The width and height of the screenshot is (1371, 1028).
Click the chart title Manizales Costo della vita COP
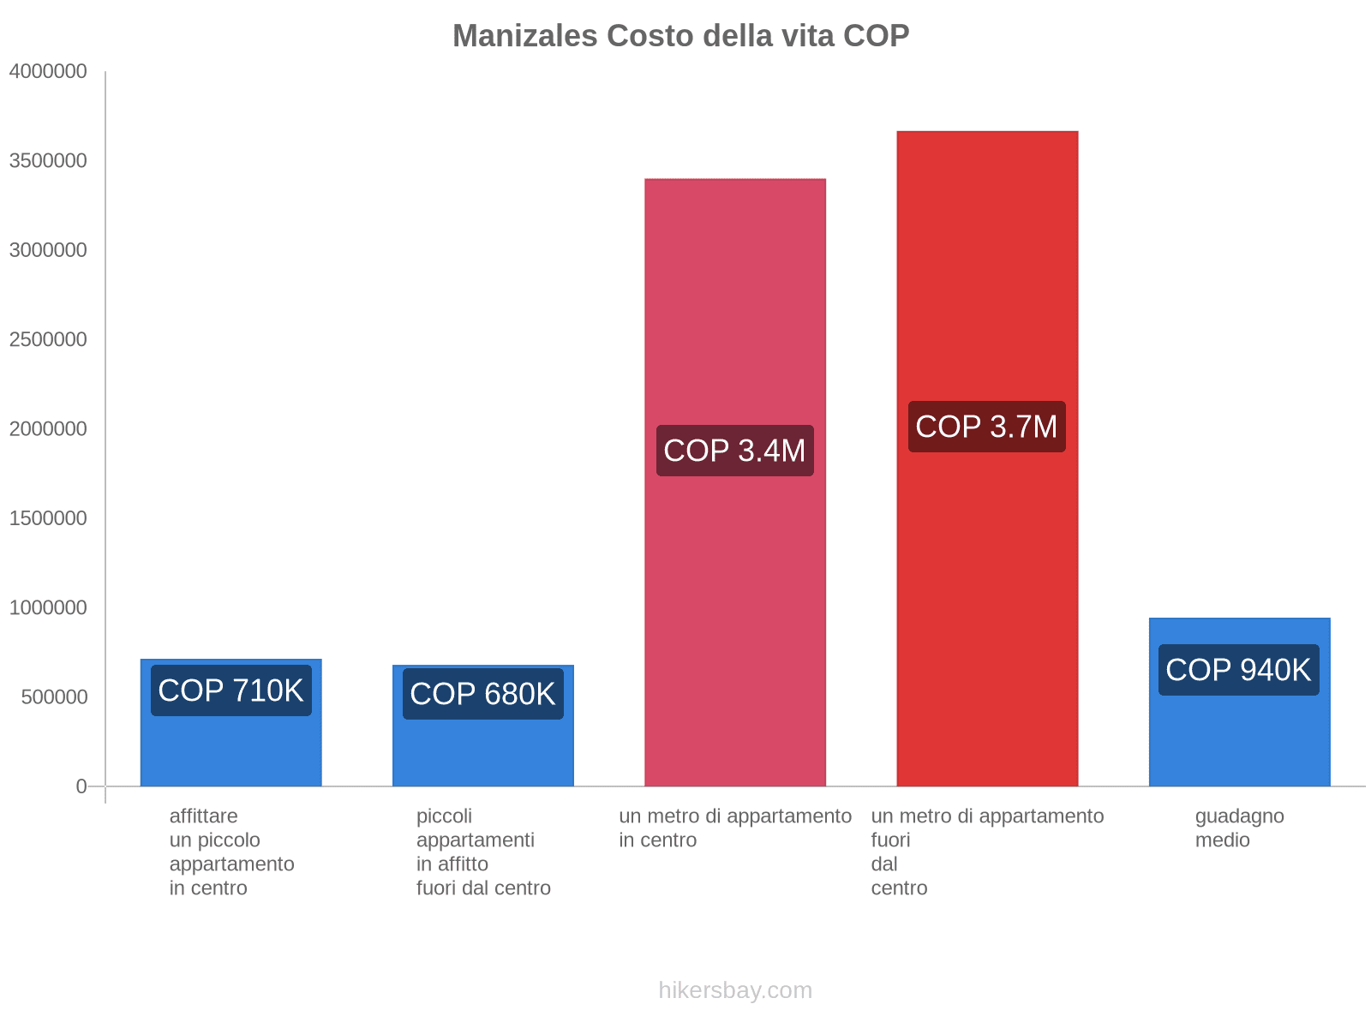coord(680,36)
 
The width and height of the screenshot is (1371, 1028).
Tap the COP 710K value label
coord(230,690)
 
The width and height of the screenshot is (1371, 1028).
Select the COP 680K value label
coord(482,694)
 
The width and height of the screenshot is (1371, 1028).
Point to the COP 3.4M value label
coord(734,451)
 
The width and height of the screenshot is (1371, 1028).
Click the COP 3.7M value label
coord(986,427)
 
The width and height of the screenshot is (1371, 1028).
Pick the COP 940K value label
coord(1238,670)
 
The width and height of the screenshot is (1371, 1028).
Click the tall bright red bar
coord(986,600)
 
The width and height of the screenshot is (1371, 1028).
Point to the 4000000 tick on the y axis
coord(48,71)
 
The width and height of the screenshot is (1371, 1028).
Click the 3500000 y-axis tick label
coord(48,161)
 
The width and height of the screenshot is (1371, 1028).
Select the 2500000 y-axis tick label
coord(48,339)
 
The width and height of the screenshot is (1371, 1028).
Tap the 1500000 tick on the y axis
coord(48,518)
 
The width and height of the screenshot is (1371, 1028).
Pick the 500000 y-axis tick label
coord(55,697)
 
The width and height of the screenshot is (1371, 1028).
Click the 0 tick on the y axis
coord(81,786)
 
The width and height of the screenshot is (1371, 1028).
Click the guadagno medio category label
coord(1239,828)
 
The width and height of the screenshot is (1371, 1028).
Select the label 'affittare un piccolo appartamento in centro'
coord(231,852)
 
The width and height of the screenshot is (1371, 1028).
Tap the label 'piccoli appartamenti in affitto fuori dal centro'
coord(483,852)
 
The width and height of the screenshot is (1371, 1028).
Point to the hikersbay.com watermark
coord(735,990)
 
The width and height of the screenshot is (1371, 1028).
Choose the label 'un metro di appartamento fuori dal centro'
coord(987,852)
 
